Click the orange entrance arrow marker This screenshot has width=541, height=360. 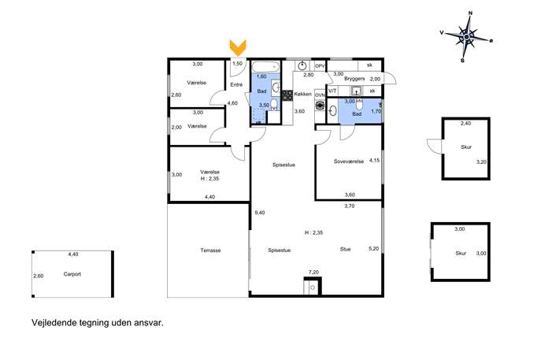click(x=238, y=47)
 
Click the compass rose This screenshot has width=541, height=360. click(x=466, y=36)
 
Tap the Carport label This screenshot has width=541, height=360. click(x=72, y=274)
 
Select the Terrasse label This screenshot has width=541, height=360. click(x=210, y=251)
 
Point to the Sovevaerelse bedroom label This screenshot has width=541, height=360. click(x=349, y=161)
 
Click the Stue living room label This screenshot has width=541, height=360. click(x=346, y=249)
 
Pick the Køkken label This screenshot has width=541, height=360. click(x=303, y=94)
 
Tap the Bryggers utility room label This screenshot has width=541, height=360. click(x=354, y=79)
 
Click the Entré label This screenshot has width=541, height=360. click(x=236, y=84)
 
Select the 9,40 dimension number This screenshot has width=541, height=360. click(x=259, y=213)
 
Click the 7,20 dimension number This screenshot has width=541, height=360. click(x=313, y=273)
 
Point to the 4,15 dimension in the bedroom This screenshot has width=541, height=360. click(x=374, y=160)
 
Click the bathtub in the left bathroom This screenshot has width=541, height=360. click(x=265, y=66)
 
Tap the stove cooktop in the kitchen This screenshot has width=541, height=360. click(x=287, y=95)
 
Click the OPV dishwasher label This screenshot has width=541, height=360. click(x=321, y=66)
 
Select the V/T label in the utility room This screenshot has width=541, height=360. click(x=332, y=91)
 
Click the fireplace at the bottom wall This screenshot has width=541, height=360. click(x=313, y=287)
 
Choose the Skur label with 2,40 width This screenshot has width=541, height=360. click(x=466, y=147)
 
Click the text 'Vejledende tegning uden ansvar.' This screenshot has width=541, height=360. click(x=98, y=323)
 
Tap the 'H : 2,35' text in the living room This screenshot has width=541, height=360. click(x=313, y=232)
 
